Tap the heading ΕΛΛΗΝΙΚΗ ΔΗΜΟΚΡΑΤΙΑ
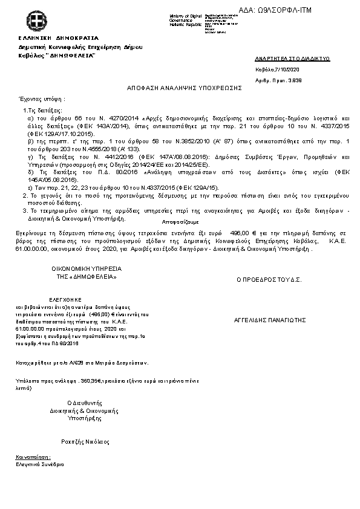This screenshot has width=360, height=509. tap(46, 37)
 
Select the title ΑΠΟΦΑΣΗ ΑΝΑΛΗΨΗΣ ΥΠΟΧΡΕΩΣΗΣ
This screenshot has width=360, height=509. tap(185, 88)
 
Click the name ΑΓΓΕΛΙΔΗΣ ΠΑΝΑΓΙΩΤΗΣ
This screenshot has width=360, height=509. tap(270, 319)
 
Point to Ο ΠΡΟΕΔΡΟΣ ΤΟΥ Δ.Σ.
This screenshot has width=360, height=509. tap(269, 280)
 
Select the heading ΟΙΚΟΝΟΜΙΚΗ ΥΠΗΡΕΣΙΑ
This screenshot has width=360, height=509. tap(87, 268)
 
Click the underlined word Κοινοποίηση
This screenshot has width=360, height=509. tap(34, 458)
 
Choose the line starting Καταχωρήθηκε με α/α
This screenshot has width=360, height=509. tap(82, 363)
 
